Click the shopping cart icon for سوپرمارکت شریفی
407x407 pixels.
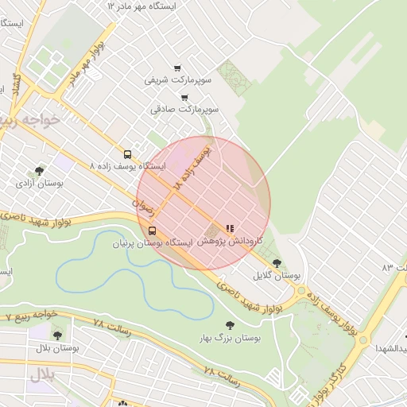coord(176,68)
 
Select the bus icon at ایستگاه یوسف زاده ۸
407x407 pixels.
coord(127,154)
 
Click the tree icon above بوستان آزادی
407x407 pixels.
coord(40,170)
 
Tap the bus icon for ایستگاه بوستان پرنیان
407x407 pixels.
coord(151,231)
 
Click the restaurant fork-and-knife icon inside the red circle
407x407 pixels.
coord(230,228)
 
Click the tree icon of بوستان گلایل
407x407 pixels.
coord(277,263)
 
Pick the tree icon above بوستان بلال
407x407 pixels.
coord(56,335)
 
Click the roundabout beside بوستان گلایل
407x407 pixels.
coord(301,292)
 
